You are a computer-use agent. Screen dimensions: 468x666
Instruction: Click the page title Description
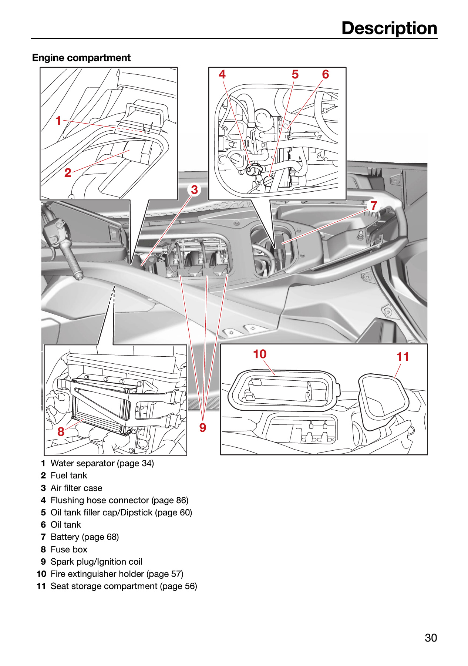pos(389,28)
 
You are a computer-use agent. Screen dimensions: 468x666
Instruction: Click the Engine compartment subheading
pos(81,58)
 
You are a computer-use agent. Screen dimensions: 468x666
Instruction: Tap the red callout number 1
pos(58,120)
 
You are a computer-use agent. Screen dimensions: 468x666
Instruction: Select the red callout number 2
pos(68,172)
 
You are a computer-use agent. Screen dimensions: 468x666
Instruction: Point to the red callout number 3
pos(195,190)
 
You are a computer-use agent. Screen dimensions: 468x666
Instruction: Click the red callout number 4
pos(222,74)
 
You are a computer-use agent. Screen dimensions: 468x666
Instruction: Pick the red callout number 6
pos(326,74)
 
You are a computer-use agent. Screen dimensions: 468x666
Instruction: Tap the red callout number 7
pos(374,205)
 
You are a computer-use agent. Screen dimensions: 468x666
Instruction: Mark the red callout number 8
pos(61,431)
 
